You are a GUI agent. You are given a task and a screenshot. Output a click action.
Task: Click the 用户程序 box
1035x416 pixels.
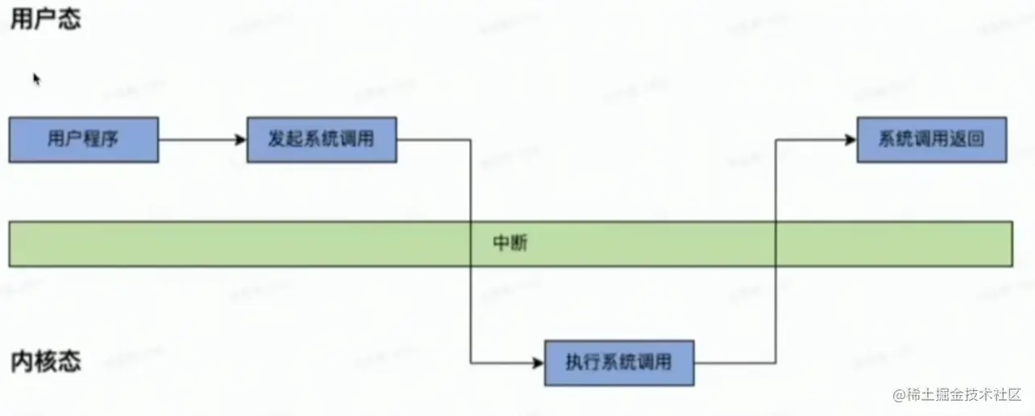(84, 139)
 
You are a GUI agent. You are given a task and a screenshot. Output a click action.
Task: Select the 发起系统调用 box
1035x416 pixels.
(321, 139)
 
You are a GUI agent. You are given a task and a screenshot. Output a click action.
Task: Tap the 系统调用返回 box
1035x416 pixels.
(931, 139)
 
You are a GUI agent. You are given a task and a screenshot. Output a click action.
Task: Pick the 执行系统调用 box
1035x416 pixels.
(619, 363)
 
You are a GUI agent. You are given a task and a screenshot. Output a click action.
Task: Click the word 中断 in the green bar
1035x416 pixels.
(510, 243)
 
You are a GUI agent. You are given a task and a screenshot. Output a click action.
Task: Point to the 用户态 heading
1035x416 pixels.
(46, 19)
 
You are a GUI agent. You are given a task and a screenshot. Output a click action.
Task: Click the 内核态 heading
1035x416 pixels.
(46, 362)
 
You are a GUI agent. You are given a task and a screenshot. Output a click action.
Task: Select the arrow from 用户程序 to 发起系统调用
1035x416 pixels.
(201, 140)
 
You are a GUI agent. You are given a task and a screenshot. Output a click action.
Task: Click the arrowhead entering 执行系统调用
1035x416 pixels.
(538, 363)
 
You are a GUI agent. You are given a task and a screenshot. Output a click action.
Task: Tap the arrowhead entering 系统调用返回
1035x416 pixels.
(850, 140)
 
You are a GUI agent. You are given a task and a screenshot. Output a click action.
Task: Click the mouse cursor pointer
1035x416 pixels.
(36, 78)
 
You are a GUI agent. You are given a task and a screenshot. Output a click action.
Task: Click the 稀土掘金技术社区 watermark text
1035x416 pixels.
(963, 394)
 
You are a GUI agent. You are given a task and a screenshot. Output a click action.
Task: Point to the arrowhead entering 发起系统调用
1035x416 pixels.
(240, 140)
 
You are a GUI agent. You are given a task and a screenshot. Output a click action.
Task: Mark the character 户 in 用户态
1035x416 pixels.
(46, 19)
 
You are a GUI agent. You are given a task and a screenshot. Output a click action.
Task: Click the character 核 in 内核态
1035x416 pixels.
(46, 362)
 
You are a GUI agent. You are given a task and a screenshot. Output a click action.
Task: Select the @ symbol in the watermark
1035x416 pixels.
(898, 394)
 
